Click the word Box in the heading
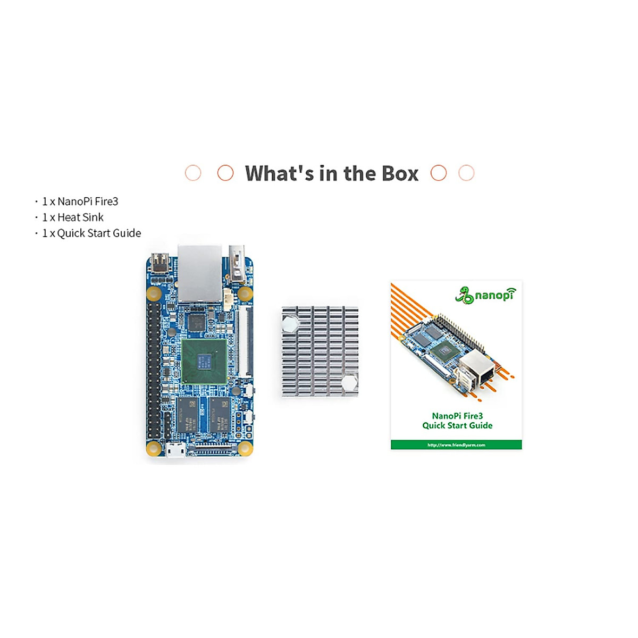[x=400, y=174]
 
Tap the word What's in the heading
[x=279, y=174]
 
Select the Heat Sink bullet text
[x=80, y=217]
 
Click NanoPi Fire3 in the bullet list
[x=88, y=202]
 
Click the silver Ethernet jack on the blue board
[x=199, y=273]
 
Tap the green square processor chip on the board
[x=204, y=361]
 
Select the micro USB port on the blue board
[x=175, y=450]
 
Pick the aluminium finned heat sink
[x=320, y=351]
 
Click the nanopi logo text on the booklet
[x=495, y=294]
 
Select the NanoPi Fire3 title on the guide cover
[x=457, y=416]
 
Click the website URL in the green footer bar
[x=456, y=445]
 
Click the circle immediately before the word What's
[x=225, y=173]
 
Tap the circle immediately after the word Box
[x=439, y=173]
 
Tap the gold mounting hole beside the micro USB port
[x=154, y=448]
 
